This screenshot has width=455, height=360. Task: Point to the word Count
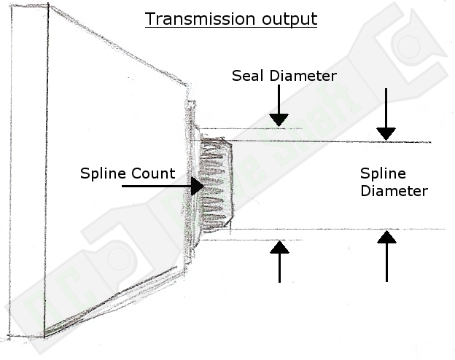click(x=152, y=173)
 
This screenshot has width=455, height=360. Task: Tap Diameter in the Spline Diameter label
click(x=394, y=191)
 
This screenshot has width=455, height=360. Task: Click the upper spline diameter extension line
click(x=328, y=141)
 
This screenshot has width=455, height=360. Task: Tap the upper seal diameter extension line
click(x=248, y=129)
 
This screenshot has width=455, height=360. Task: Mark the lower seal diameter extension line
click(x=248, y=239)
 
